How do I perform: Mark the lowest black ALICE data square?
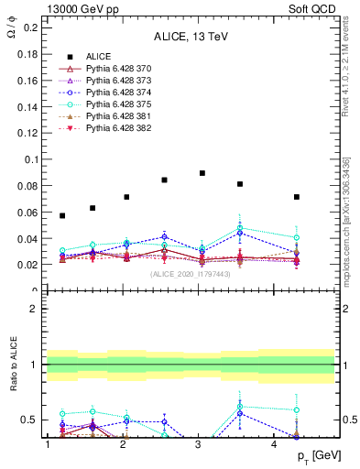pos(62,215)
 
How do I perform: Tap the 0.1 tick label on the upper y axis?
pos(30,159)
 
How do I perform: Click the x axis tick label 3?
pos(199,445)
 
